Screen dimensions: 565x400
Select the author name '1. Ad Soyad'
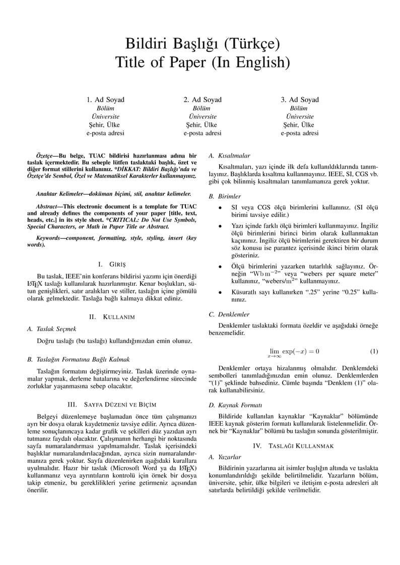click(x=105, y=100)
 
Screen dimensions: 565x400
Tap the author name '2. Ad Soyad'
click(x=203, y=100)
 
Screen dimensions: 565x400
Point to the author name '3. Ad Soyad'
click(x=300, y=100)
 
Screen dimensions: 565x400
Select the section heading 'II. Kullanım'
click(x=111, y=317)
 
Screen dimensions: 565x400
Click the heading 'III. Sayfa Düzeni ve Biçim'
click(x=111, y=404)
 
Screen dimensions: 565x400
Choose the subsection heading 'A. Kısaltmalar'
click(x=229, y=156)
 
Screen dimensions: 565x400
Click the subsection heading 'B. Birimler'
click(x=225, y=196)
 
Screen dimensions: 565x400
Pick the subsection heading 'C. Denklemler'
click(x=229, y=314)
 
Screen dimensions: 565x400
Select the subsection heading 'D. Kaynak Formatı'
click(x=233, y=405)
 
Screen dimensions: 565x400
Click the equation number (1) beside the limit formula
click(x=374, y=351)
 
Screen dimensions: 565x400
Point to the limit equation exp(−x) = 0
click(x=294, y=351)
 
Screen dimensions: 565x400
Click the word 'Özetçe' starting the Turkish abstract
click(x=47, y=156)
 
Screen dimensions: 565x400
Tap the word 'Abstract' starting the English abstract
click(x=48, y=206)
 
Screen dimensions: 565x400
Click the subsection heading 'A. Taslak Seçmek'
click(x=51, y=329)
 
